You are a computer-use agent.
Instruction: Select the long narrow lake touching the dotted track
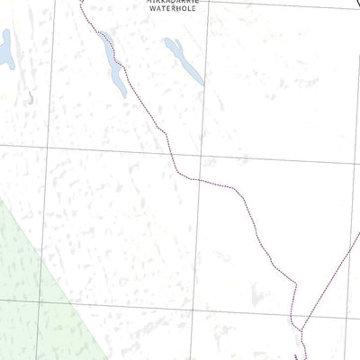point(112,64)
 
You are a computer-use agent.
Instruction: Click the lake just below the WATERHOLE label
point(184,60)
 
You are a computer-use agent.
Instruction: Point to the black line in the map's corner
point(354,4)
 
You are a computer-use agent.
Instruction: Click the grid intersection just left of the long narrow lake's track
point(49,146)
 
